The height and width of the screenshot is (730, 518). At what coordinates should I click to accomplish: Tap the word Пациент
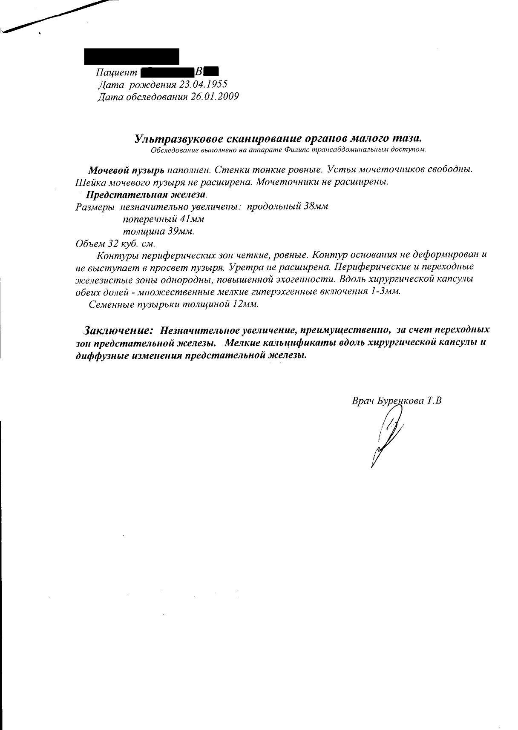[x=116, y=72]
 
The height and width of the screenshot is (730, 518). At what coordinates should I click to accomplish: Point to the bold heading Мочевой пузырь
[x=126, y=170]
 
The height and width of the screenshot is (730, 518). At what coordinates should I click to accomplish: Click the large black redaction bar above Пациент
[x=131, y=57]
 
